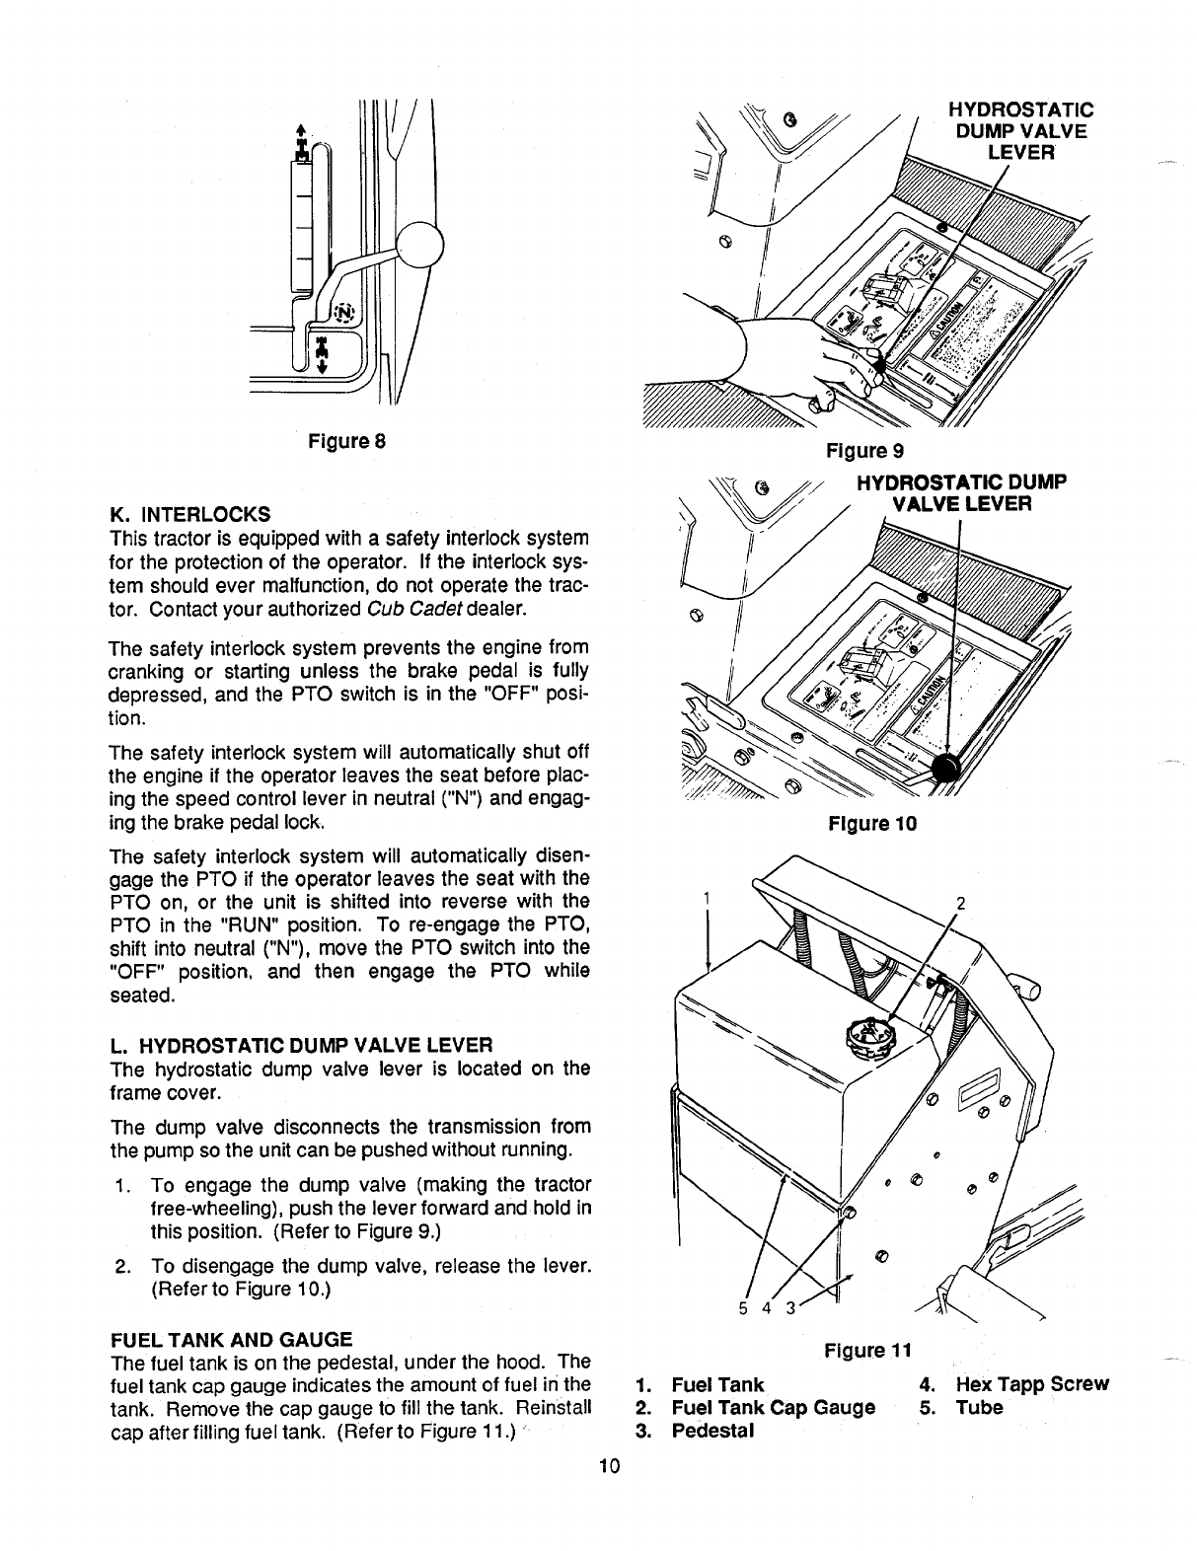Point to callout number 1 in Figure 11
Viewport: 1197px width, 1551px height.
tap(708, 898)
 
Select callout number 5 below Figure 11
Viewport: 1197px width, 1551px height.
tap(742, 1309)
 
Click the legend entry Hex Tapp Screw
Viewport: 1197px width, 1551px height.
tap(1032, 1384)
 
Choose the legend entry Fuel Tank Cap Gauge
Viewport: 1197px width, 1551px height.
tap(773, 1408)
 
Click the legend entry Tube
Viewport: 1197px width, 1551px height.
tap(979, 1408)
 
